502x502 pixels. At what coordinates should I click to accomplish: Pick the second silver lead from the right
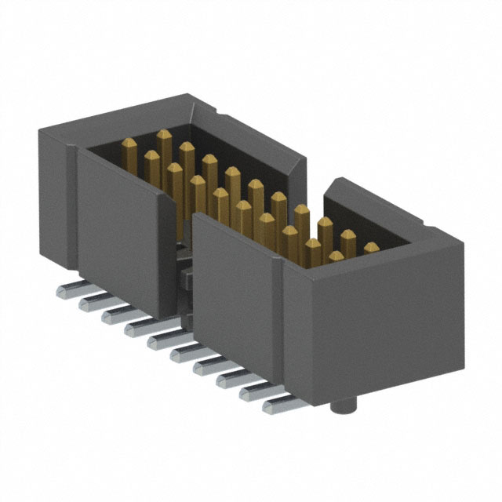click(x=255, y=391)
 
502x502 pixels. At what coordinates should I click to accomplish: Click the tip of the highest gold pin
click(x=163, y=135)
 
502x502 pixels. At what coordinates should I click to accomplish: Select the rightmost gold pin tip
click(x=371, y=247)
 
